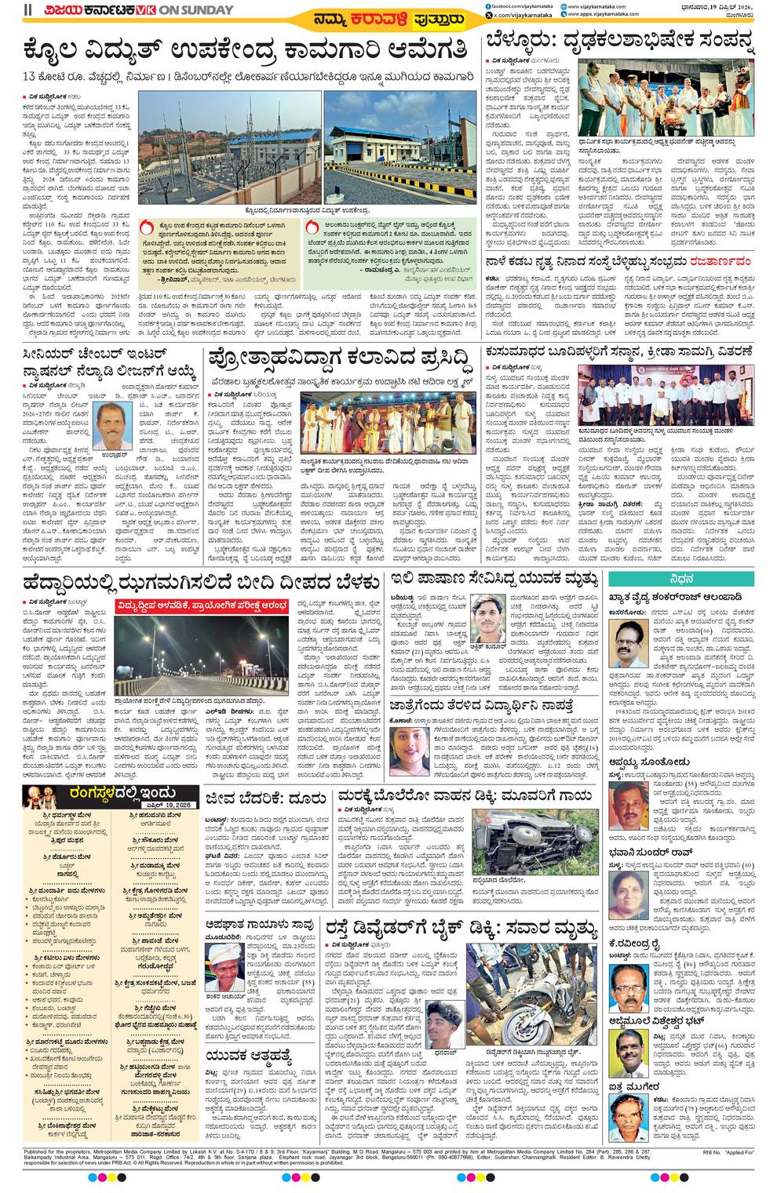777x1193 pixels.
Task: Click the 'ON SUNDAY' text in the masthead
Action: [x=201, y=10]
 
